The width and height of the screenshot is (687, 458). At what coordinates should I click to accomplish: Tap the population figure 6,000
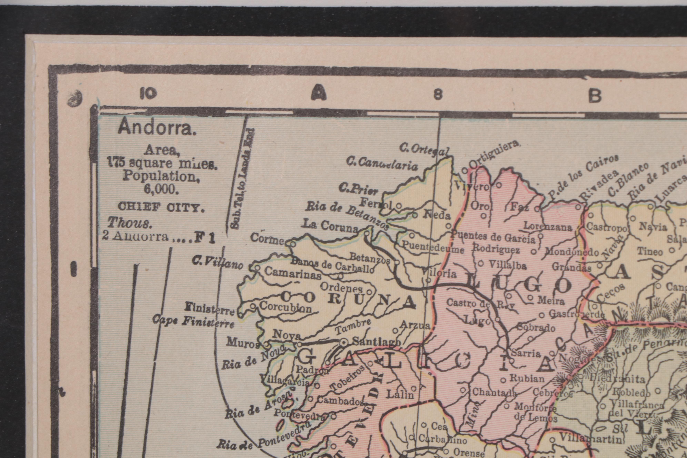coord(161,189)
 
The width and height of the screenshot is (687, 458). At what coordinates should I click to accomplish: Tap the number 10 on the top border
coord(148,93)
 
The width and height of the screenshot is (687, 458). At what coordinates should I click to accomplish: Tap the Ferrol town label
coord(376,203)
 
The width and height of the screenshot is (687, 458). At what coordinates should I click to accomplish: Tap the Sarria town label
coord(526,354)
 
